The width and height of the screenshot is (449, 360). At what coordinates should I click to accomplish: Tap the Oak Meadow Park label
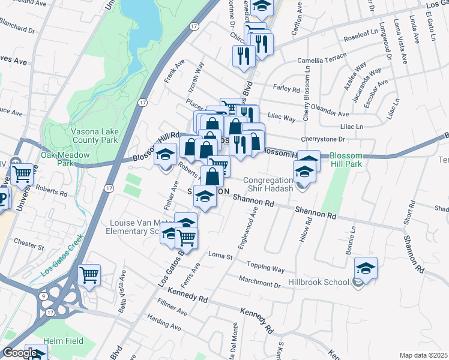65,159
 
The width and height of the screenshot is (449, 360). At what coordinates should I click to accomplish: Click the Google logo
19,353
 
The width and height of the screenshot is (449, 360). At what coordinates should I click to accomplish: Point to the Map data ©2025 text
424,355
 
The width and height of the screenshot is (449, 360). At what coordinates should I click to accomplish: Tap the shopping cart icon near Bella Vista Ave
89,275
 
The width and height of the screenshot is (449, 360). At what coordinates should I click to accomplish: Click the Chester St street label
29,246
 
